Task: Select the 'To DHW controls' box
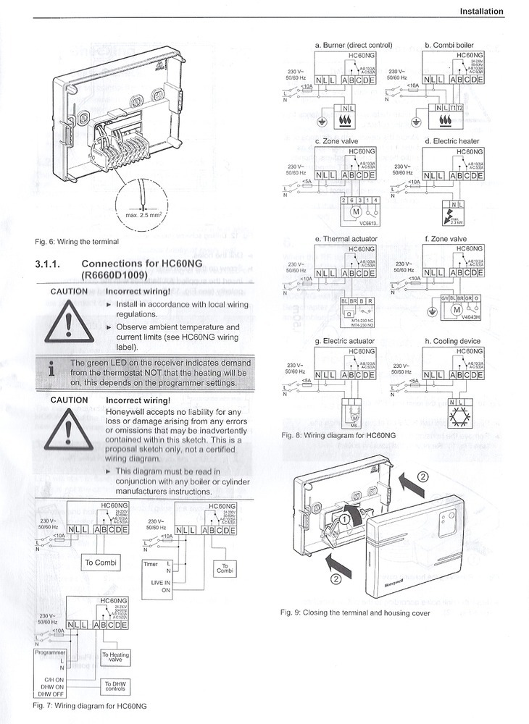click(x=116, y=685)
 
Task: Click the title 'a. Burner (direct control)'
click(x=353, y=45)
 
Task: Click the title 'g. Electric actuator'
click(x=344, y=340)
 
